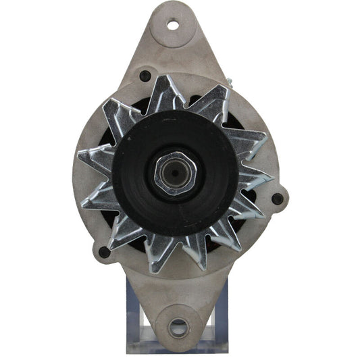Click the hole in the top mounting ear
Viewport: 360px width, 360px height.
(x=173, y=26)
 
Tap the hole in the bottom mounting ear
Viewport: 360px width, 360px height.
(x=178, y=329)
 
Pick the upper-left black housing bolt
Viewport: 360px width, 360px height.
(x=145, y=76)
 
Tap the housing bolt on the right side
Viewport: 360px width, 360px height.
(x=277, y=199)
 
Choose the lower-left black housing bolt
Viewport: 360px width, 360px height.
(x=103, y=252)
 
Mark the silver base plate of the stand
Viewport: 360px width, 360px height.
(x=179, y=348)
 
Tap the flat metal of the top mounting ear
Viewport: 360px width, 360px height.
(x=173, y=47)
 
